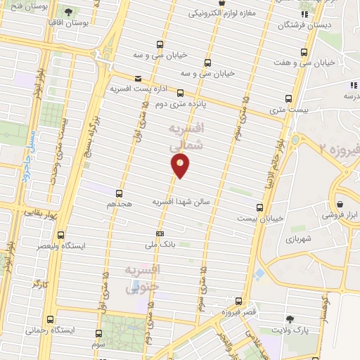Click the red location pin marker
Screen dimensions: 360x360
(181, 165)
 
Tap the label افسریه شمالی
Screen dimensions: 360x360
(186, 136)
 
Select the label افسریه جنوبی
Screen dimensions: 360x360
(143, 278)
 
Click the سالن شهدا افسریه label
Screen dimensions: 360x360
(182, 201)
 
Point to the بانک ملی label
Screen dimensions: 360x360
(159, 245)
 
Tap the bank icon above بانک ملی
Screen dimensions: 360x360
(160, 233)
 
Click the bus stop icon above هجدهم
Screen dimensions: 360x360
(119, 193)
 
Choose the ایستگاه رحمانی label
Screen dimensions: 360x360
(52, 330)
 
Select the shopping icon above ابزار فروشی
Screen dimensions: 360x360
(340, 205)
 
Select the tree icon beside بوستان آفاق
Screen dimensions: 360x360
(68, 12)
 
